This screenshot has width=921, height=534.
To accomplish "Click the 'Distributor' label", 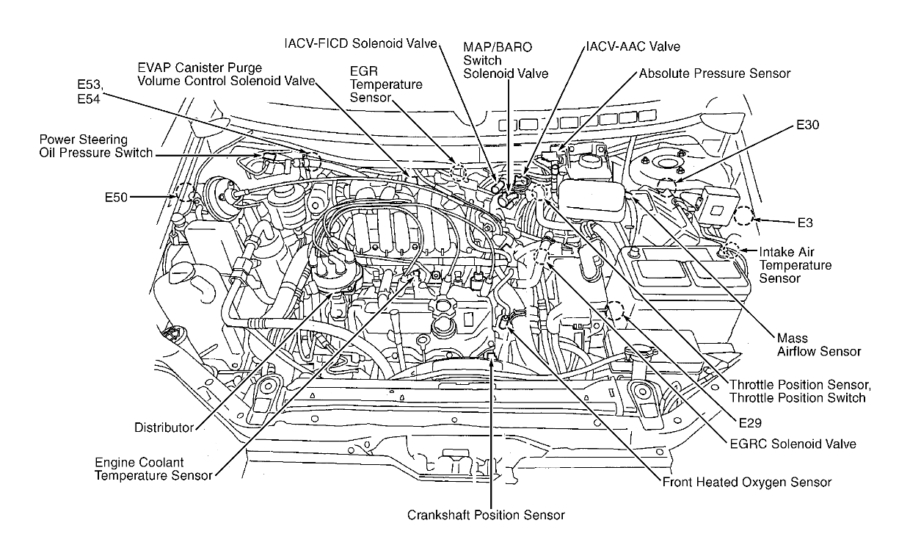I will click(x=164, y=427).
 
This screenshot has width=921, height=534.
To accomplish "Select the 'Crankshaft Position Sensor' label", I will click(x=486, y=515).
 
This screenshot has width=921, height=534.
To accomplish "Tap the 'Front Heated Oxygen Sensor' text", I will click(x=746, y=483).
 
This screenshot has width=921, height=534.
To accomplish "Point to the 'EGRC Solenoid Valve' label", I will click(x=792, y=444).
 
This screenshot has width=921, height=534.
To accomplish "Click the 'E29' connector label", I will click(x=750, y=423).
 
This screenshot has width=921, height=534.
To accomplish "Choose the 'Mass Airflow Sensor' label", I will click(x=818, y=345).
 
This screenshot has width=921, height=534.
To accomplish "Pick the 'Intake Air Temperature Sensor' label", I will click(x=796, y=265).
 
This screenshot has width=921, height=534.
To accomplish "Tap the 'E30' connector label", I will click(x=807, y=126).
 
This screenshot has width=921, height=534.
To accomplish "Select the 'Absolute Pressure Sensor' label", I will click(x=714, y=73).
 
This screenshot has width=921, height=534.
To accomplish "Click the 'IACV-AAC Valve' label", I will click(x=633, y=46).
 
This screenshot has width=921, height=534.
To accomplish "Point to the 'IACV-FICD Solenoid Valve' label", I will click(x=360, y=42).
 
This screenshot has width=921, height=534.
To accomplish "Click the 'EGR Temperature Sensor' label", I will click(x=386, y=84).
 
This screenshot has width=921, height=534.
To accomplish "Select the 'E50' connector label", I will click(x=117, y=198).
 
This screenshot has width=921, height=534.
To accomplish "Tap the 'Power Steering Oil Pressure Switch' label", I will click(x=95, y=146).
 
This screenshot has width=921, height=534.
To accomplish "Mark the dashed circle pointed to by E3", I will click(x=743, y=215).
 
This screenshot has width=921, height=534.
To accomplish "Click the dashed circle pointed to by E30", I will click(x=667, y=186).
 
